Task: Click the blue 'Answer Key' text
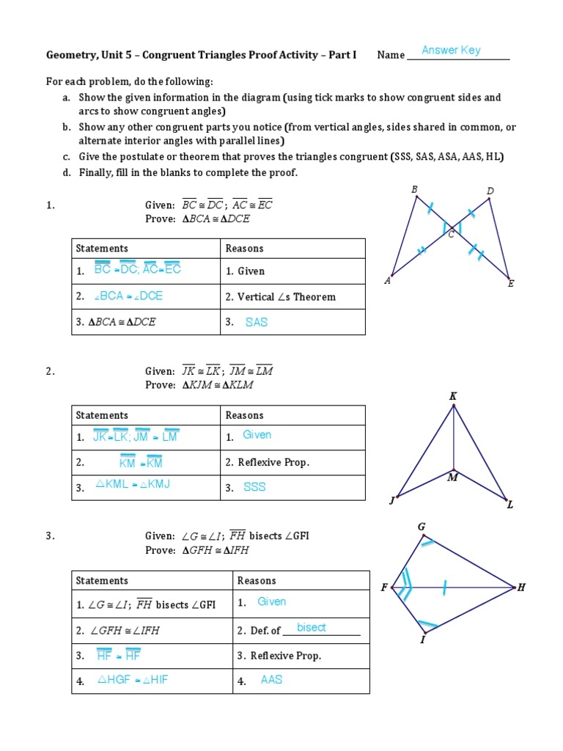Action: (x=451, y=51)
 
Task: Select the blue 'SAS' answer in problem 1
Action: (x=257, y=322)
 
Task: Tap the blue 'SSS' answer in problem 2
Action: (x=254, y=487)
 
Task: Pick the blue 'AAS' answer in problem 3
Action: (x=271, y=680)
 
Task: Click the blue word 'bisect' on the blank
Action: (x=312, y=628)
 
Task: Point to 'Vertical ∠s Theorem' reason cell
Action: (x=281, y=297)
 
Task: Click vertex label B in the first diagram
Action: (x=414, y=189)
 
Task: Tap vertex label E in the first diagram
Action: (x=511, y=283)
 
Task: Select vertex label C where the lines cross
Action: (x=451, y=235)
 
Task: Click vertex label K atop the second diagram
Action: (x=453, y=396)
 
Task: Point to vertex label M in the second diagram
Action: (x=452, y=478)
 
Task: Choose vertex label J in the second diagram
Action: (x=392, y=501)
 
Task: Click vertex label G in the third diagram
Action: (x=422, y=527)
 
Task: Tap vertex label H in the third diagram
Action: (x=521, y=587)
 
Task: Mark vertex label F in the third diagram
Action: (x=384, y=587)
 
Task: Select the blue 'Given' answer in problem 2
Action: (x=257, y=435)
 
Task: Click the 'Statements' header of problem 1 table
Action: (x=102, y=249)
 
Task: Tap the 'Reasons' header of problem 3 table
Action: (x=257, y=580)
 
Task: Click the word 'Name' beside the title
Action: (x=391, y=55)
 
